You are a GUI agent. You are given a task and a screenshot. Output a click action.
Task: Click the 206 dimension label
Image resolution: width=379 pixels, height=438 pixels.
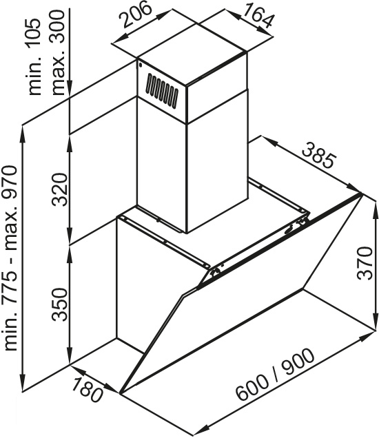136,14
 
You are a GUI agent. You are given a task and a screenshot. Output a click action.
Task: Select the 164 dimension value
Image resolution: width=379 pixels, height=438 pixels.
258,15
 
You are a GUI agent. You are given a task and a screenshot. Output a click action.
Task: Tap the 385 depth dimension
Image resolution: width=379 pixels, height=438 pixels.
318,155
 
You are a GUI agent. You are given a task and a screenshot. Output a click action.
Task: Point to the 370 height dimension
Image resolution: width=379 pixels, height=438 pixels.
365,263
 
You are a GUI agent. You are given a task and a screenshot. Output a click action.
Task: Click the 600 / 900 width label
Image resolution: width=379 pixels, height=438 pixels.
275,375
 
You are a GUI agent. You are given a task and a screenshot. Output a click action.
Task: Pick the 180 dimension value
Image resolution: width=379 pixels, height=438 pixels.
88,388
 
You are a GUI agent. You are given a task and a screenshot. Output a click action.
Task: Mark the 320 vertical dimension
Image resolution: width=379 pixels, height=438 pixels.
61,189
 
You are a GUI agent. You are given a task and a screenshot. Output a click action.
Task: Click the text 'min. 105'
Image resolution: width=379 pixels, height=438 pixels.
36,56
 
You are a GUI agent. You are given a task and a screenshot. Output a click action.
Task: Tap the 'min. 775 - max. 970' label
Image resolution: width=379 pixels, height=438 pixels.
10,258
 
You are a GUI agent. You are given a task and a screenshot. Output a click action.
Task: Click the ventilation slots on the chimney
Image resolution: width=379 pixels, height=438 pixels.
163,91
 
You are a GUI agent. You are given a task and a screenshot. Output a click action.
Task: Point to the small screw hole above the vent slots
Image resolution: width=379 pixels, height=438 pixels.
140,65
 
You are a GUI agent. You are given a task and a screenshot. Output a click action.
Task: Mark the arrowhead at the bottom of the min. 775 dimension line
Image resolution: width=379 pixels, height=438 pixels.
23,383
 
